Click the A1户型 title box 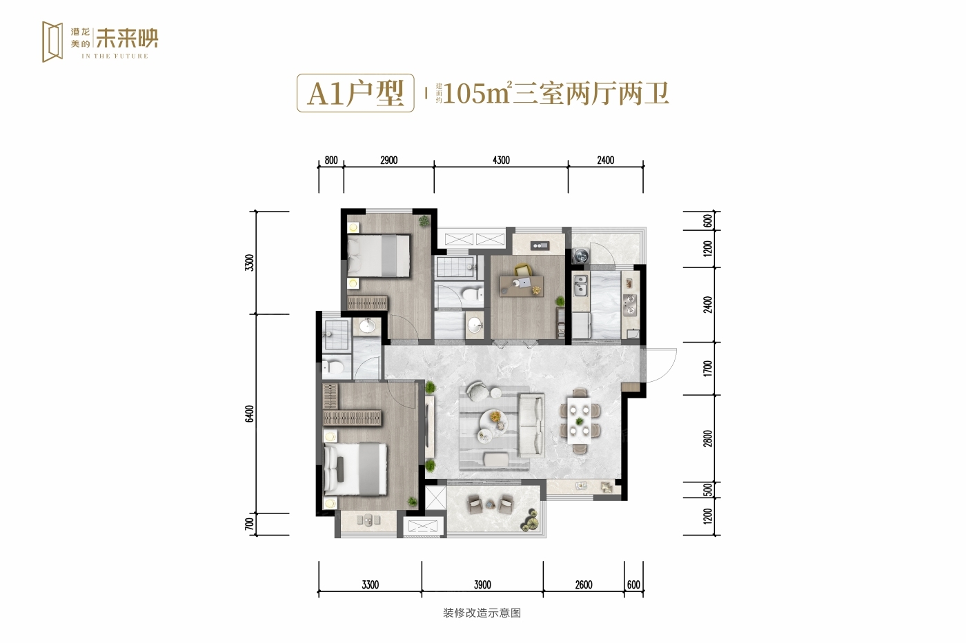coord(355,93)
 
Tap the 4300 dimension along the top coord(501,160)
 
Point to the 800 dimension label coord(331,160)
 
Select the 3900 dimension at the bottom coord(482,584)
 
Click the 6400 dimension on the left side coord(250,414)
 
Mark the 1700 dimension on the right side coord(708,368)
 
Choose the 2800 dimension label coord(708,438)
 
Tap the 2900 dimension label coord(388,160)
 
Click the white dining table coord(579,420)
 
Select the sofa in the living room coord(531,425)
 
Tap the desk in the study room coord(522,286)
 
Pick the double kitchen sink coord(580,285)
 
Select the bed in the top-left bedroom coord(379,256)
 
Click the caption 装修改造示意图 coord(482,613)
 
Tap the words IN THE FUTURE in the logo coord(115,56)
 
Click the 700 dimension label coord(250,524)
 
